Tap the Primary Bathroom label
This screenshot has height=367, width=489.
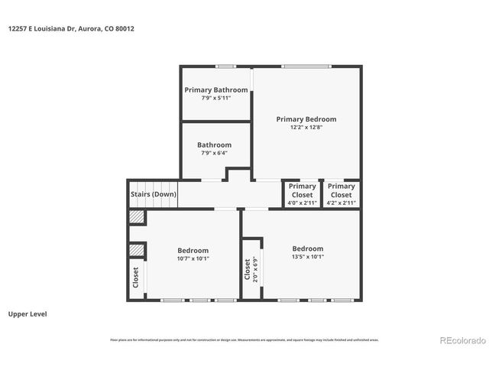pos(215,90)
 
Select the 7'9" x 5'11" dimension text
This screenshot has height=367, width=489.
pos(215,99)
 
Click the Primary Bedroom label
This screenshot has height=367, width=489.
pos(306,119)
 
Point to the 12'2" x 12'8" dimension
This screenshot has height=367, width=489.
pos(306,128)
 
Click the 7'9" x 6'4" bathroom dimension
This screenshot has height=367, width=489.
pos(214,154)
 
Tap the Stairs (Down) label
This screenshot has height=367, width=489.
pos(153,194)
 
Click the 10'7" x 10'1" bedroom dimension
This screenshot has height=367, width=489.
pos(193,259)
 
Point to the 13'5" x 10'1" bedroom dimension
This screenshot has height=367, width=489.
pos(307,257)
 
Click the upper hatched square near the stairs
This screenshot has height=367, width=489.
pos(136,217)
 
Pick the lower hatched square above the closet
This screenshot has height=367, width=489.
pos(137,250)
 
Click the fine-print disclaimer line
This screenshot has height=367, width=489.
pos(244,340)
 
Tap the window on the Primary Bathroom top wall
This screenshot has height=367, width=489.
pos(225,67)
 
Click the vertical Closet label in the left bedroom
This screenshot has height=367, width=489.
pos(136,278)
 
